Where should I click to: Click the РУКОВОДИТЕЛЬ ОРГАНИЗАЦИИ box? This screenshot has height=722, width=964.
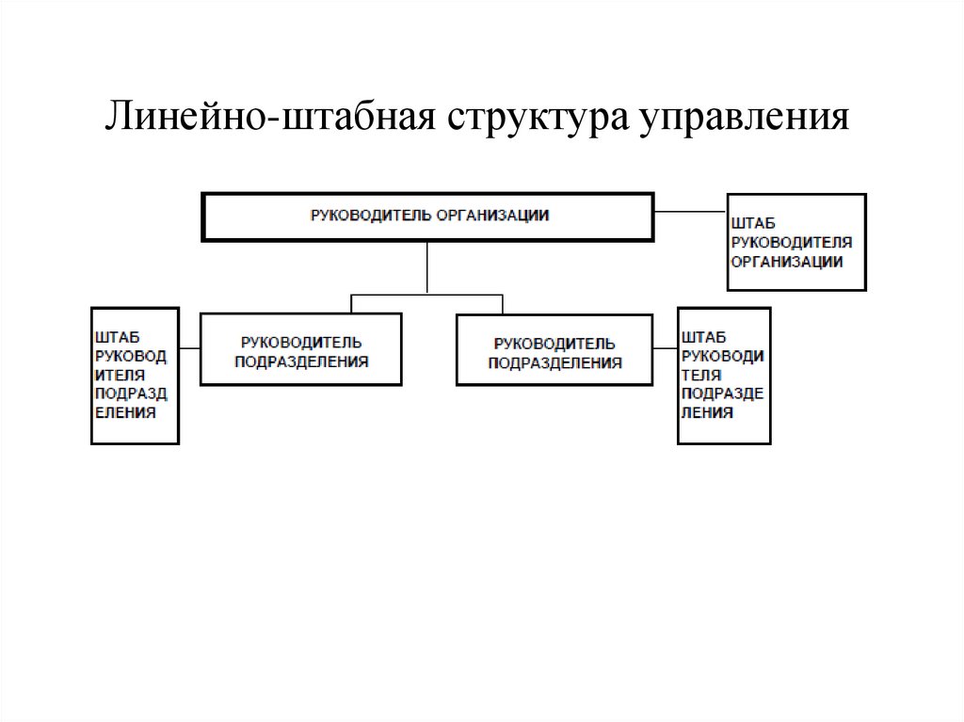[427, 217]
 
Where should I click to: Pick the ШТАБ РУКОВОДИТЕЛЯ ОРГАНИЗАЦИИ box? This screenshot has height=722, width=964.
[796, 242]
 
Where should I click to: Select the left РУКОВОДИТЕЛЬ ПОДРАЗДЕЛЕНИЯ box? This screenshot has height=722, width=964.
[301, 349]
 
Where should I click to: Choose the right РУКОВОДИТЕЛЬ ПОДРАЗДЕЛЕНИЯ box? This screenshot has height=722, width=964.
[554, 349]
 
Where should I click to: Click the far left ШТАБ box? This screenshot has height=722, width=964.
[135, 375]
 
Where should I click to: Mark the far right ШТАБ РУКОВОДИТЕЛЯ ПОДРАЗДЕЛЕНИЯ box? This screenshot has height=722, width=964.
[724, 375]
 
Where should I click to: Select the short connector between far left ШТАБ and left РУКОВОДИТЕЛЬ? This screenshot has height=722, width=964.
[189, 348]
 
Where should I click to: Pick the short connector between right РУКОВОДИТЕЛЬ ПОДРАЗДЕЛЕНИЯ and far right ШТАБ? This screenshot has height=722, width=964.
[665, 348]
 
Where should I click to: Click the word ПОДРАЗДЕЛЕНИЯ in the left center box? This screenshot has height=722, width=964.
[301, 361]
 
